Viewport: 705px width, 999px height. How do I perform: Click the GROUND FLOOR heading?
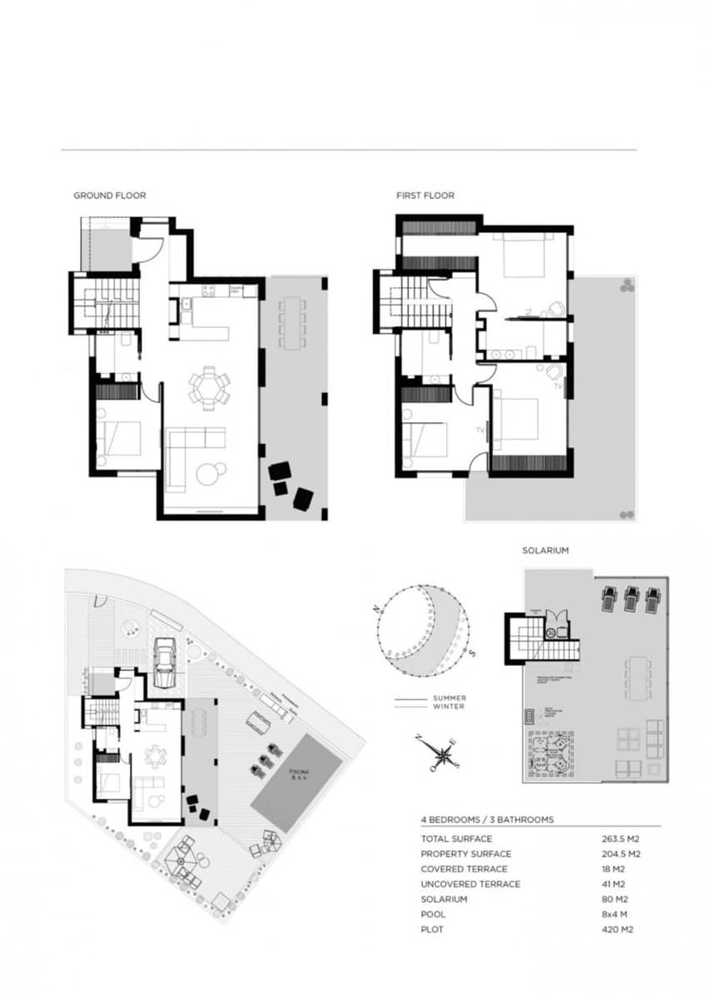click(x=110, y=196)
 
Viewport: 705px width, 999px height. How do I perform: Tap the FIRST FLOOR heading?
click(x=425, y=196)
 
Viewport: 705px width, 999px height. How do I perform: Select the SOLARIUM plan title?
click(x=545, y=551)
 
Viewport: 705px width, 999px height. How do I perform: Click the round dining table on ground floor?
click(x=208, y=388)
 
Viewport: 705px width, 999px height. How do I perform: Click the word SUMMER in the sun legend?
click(x=449, y=698)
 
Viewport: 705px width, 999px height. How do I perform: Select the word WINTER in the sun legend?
click(x=449, y=707)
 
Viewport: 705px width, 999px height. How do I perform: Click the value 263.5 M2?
click(x=621, y=839)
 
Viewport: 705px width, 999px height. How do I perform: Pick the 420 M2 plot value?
click(x=617, y=929)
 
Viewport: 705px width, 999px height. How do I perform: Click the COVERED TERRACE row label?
click(x=464, y=869)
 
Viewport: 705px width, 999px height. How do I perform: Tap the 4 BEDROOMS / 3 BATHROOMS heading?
click(x=487, y=820)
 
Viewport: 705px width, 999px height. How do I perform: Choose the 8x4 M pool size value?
click(x=615, y=914)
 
